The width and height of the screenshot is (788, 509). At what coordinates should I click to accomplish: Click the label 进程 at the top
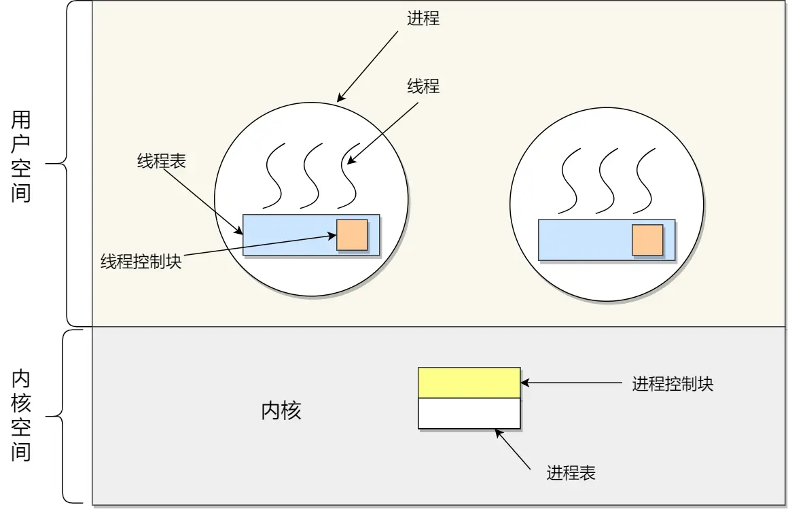click(x=423, y=18)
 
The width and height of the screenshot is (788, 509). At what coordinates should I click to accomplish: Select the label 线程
click(x=423, y=86)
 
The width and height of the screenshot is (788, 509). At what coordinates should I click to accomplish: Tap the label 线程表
click(x=162, y=161)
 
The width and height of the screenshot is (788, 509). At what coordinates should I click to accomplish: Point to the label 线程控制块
click(x=141, y=262)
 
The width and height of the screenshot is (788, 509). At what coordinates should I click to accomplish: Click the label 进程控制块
click(x=673, y=383)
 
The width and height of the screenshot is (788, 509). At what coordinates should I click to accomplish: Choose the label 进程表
click(x=571, y=473)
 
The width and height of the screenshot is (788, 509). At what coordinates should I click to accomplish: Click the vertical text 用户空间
click(x=21, y=158)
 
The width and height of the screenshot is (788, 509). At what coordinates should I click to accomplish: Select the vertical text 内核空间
click(x=21, y=417)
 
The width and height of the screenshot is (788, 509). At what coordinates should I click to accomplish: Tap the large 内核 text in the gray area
click(x=281, y=411)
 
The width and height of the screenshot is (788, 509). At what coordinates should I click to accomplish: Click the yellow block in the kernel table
click(x=469, y=383)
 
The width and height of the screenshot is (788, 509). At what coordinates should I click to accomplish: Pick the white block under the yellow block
click(x=469, y=413)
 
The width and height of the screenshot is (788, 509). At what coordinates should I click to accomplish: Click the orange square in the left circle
click(x=352, y=234)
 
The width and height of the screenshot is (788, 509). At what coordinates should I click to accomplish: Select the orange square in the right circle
click(x=647, y=240)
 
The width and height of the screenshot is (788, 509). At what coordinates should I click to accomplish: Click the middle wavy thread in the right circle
click(x=608, y=181)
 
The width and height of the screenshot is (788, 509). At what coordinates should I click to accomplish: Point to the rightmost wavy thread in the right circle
click(x=645, y=181)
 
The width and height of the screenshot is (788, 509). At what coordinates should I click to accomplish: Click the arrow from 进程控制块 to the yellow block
click(x=571, y=383)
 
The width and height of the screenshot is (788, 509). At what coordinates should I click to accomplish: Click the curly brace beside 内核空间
click(x=65, y=416)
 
